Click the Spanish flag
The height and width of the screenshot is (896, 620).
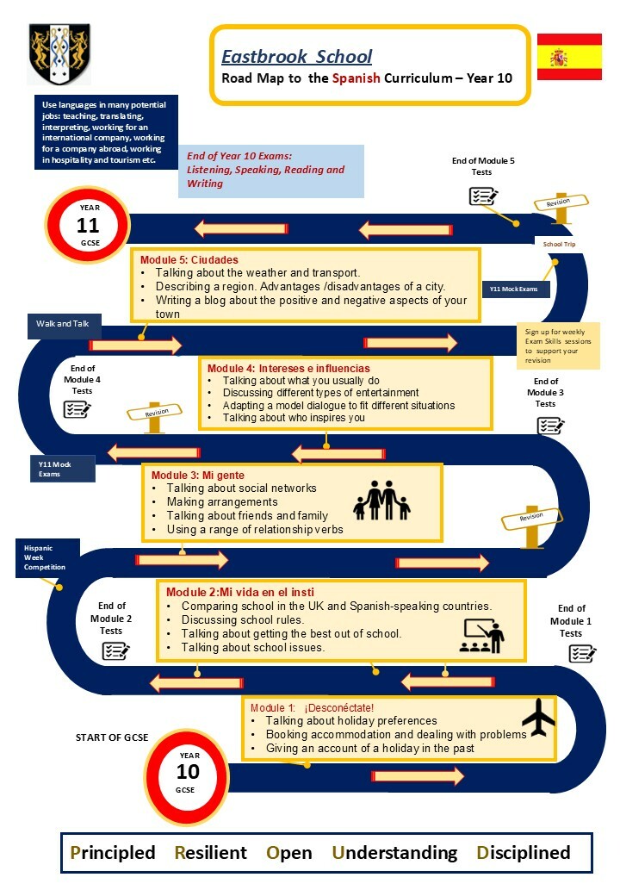tap(569, 57)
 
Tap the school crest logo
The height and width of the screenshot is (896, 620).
tap(59, 53)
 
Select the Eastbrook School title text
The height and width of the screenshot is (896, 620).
tap(296, 57)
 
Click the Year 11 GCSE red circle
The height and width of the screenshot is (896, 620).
tap(88, 225)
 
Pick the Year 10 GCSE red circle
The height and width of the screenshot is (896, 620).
tap(187, 775)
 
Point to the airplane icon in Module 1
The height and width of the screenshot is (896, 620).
tap(538, 717)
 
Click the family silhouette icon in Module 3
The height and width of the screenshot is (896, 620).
tap(382, 500)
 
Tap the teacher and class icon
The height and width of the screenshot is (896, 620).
tap(482, 636)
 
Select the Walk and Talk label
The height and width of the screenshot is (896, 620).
tap(63, 324)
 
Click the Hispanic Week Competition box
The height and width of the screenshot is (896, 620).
tap(46, 557)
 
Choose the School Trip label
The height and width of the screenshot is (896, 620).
tap(559, 244)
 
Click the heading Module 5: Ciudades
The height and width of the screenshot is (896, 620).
tap(189, 260)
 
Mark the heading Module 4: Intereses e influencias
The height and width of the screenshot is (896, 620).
tap(288, 369)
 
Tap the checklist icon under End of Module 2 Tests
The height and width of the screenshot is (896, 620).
tap(115, 650)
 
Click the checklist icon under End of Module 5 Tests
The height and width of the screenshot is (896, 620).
tap(483, 196)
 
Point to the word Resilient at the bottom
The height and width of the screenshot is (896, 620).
tap(210, 853)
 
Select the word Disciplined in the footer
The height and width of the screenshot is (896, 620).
tap(523, 853)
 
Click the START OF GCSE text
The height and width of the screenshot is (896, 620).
tap(112, 737)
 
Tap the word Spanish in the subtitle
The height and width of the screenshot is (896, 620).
tap(356, 78)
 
